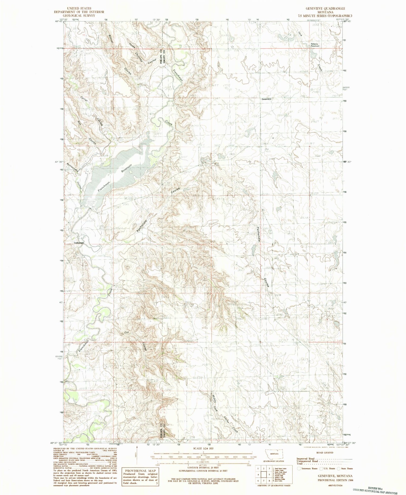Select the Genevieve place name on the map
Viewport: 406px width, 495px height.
click(267, 99)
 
